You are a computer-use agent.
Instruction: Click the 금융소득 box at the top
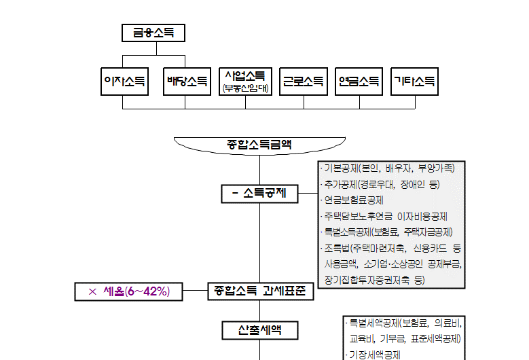153,33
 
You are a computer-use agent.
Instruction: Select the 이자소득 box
123,82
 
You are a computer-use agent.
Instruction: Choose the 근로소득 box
303,82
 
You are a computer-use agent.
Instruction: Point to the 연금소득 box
359,82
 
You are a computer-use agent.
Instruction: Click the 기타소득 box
414,82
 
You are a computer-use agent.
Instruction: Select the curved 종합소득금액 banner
260,144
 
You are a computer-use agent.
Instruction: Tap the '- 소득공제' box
259,194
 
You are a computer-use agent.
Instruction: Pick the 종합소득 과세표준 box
260,292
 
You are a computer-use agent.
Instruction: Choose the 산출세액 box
260,330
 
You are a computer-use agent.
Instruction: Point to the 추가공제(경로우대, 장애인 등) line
384,184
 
